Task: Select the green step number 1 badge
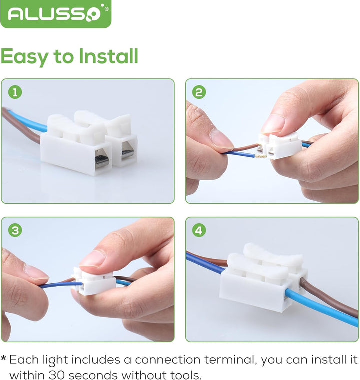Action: click(15, 92)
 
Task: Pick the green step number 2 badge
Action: click(199, 92)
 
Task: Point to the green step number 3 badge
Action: click(15, 230)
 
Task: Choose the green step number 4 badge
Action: click(199, 230)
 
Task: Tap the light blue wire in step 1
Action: click(29, 122)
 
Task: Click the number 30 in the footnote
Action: click(57, 375)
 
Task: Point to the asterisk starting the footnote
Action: click(3, 358)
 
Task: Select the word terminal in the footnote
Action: click(230, 360)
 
